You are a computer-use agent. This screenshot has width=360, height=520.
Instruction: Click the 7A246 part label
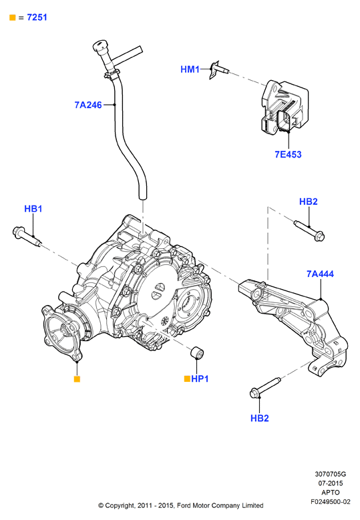coord(88,105)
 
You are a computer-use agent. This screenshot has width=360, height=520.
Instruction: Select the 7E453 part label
coord(288,154)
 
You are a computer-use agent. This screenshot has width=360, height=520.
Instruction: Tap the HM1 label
coord(190,69)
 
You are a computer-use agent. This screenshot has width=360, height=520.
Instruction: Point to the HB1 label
coord(33,209)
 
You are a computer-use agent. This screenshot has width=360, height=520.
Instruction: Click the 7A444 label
coord(320,274)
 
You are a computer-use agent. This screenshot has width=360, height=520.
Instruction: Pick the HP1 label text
coord(200,378)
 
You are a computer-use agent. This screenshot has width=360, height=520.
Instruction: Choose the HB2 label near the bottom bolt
coord(259,418)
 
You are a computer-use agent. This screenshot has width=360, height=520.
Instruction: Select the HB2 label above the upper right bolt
coord(309,202)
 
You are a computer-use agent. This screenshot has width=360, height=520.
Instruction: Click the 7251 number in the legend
coord(37,17)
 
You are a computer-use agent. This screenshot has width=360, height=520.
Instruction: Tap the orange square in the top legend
coord(13,17)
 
